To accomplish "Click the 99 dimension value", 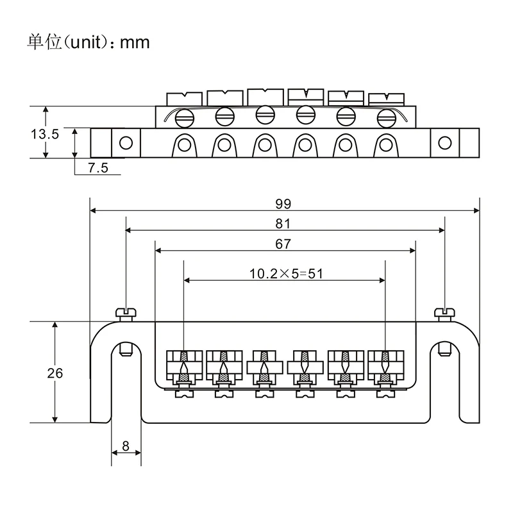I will [283, 204].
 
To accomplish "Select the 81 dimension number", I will [283, 224].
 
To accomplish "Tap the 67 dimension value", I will [283, 244].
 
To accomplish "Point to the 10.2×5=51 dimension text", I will [285, 273].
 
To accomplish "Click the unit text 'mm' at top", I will [135, 42].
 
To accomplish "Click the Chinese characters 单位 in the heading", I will [42, 42].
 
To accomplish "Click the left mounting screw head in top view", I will [126, 313].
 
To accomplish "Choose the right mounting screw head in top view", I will [443, 313].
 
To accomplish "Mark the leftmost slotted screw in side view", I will [184, 117].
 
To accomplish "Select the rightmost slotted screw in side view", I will [385, 117].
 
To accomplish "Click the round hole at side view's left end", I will [127, 142].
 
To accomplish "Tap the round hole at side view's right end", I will [444, 142].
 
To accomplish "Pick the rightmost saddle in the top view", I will [384, 364].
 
